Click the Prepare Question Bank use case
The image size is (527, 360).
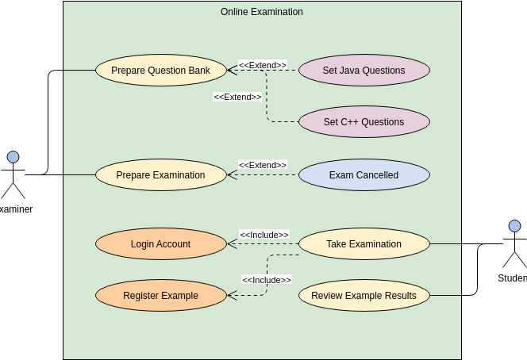(x=160, y=71)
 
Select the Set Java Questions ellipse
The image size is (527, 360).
(x=364, y=71)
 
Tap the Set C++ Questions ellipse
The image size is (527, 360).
(x=364, y=122)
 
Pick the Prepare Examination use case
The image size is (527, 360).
(x=160, y=175)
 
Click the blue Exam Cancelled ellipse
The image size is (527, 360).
(x=364, y=175)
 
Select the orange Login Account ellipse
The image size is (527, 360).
(x=160, y=244)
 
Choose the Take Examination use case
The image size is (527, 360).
(x=364, y=244)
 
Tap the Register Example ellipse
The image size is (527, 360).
(x=160, y=296)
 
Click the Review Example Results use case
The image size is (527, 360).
(x=364, y=296)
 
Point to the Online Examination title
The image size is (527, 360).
(x=261, y=12)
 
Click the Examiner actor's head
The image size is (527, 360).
(x=13, y=157)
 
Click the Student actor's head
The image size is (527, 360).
(x=514, y=226)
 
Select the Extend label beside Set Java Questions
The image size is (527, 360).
(x=262, y=65)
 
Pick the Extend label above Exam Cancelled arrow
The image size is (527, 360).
(x=262, y=165)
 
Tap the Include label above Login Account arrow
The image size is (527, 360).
(x=263, y=235)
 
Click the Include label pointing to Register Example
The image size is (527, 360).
(x=266, y=280)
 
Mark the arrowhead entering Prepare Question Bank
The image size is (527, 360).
(x=231, y=71)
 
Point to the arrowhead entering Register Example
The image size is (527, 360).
(x=231, y=296)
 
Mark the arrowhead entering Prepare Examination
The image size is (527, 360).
(x=231, y=175)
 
